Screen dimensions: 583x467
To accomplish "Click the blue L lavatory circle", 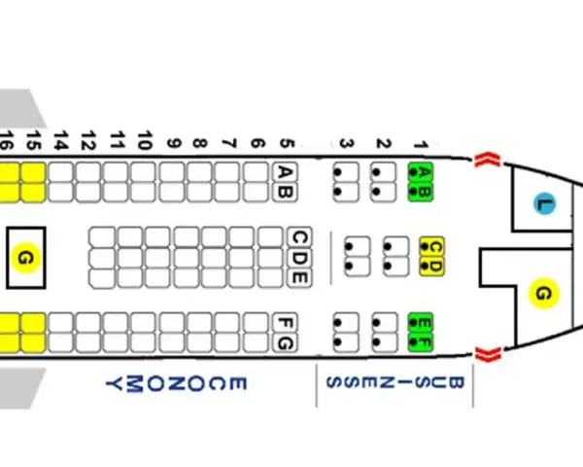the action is (545, 203).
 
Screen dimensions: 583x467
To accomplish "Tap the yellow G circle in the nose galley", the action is (543, 294).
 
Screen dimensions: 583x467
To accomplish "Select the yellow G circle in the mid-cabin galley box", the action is (25, 258).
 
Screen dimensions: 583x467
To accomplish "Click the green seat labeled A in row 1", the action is (421, 172).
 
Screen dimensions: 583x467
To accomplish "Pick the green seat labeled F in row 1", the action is (421, 342).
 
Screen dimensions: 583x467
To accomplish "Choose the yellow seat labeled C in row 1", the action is (432, 246).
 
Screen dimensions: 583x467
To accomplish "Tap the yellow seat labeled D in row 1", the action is (432, 267).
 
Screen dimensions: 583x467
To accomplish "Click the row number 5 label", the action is (287, 144).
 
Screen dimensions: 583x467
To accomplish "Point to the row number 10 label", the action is (145, 140).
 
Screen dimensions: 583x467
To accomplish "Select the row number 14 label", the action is (61, 140).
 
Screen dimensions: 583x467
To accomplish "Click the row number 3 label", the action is (347, 144).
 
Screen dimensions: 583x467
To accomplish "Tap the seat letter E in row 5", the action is (299, 277).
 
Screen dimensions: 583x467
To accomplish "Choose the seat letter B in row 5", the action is (285, 193).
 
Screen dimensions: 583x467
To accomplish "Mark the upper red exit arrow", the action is (488, 160).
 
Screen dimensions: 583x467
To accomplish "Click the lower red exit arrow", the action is (488, 354).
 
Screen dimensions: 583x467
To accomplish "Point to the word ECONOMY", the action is (176, 384).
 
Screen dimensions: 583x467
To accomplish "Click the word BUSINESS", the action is (394, 382).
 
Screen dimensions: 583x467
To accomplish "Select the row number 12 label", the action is (88, 140).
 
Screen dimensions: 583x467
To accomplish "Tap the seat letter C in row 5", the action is (299, 237).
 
